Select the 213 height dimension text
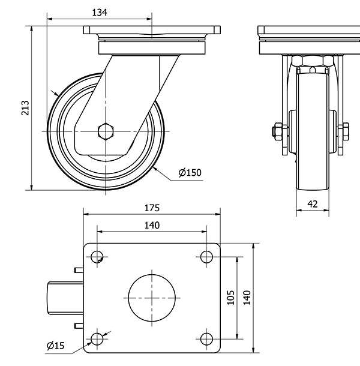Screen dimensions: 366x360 click(x=25, y=107)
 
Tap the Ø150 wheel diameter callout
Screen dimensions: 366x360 click(x=190, y=173)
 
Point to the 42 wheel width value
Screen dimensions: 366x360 click(x=312, y=204)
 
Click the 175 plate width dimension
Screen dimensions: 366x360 click(x=152, y=208)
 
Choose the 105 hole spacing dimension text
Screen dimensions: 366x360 click(x=231, y=298)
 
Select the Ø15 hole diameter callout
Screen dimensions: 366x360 click(x=55, y=345)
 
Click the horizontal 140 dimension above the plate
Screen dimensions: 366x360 click(x=152, y=225)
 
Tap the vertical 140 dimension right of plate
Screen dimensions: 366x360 click(x=247, y=298)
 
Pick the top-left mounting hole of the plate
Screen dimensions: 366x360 click(x=96, y=257)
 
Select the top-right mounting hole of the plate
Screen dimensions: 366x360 click(x=206, y=257)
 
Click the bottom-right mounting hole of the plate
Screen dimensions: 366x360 click(x=206, y=339)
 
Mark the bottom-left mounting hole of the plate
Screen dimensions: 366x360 click(x=96, y=339)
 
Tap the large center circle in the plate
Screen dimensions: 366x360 click(x=154, y=298)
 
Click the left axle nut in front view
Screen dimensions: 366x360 click(x=277, y=130)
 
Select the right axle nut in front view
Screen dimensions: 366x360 click(x=345, y=130)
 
